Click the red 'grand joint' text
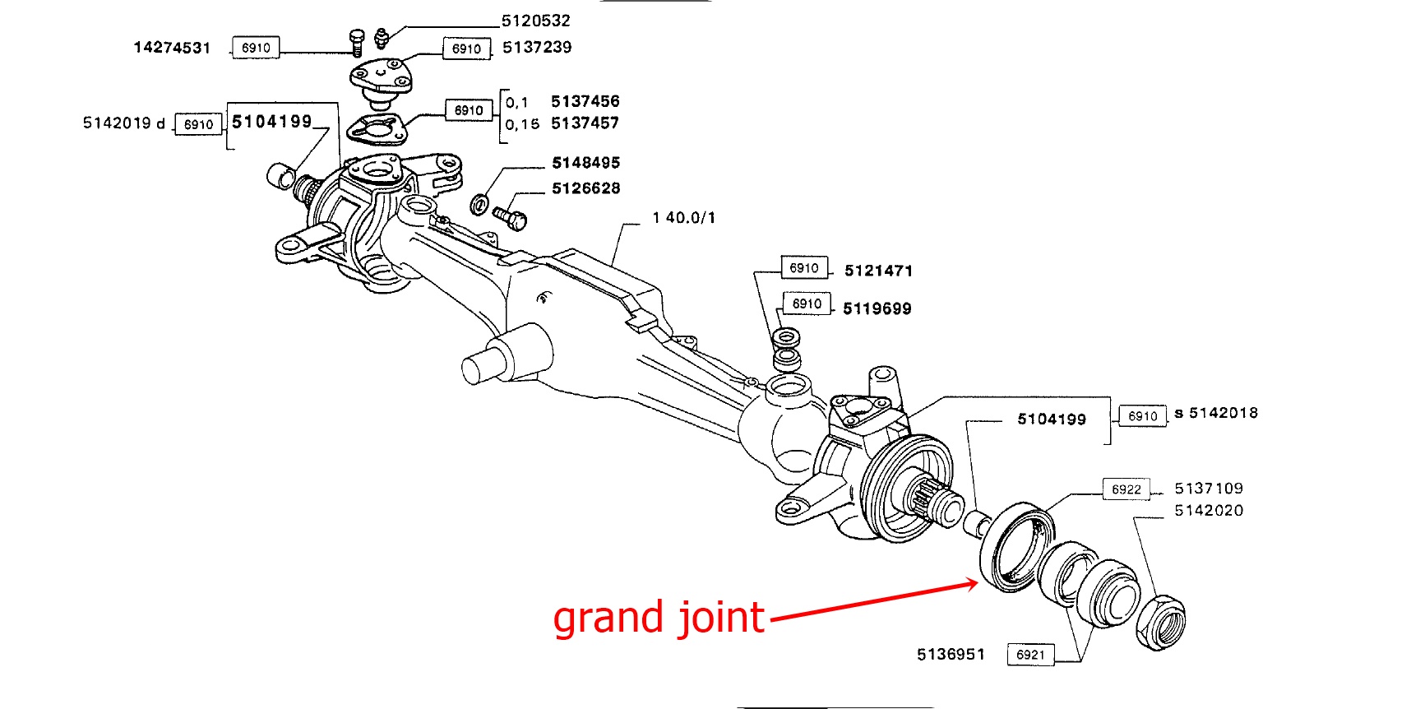coord(659,618)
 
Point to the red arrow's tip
coord(977,583)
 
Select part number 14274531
coord(172,48)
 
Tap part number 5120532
coord(535,21)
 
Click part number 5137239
coord(537,47)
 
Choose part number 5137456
coord(585,101)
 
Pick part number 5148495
coord(585,163)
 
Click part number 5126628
coord(585,188)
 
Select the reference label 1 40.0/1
coord(683,218)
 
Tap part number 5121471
coord(878,271)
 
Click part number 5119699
coord(877,308)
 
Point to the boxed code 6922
coord(1126,489)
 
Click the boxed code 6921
coord(1030,655)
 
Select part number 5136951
coord(951,654)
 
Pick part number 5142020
coord(1209,511)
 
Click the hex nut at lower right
coord(1160,623)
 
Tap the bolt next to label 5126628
coord(510,217)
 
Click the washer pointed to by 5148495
coord(479,203)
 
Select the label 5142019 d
coord(123,123)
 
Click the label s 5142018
coord(1216,413)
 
